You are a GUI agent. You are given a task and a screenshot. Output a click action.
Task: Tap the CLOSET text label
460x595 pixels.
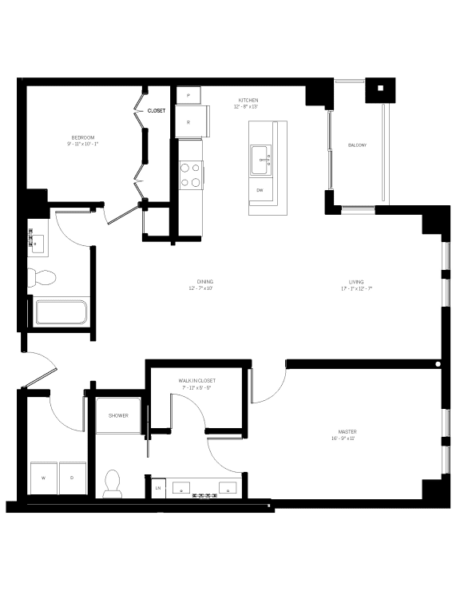(x=157, y=111)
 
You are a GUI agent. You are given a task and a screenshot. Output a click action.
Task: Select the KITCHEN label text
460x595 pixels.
(x=246, y=101)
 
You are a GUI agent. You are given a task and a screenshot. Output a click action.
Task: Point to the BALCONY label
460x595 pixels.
(x=357, y=145)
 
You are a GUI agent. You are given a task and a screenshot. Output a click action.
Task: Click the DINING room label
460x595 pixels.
(x=205, y=282)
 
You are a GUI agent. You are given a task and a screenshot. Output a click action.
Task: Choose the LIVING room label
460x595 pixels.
(x=356, y=282)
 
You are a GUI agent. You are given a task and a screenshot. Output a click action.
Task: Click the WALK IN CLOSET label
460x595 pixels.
(x=196, y=382)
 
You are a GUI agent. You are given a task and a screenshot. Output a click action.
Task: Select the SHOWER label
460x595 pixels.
(x=118, y=415)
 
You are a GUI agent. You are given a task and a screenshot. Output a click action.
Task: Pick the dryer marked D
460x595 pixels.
(x=72, y=478)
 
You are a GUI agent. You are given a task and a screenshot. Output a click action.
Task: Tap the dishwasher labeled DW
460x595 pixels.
(x=260, y=191)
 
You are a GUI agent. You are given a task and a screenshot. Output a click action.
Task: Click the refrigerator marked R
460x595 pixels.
(x=189, y=122)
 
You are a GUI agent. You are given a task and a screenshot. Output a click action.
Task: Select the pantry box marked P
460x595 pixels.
(x=188, y=96)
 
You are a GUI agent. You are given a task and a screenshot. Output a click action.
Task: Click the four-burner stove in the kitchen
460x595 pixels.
(x=190, y=175)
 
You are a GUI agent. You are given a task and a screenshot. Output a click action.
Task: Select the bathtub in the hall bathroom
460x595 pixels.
(x=61, y=312)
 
